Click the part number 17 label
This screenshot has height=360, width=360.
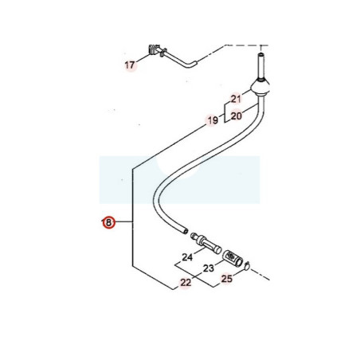130,65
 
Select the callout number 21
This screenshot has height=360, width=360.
236,99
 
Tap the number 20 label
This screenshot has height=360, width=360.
237,116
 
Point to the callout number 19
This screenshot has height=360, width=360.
213,120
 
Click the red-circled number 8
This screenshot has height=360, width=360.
108,222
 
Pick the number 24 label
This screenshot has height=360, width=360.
187,257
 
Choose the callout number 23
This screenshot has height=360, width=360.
209,268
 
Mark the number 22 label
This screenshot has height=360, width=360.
186,283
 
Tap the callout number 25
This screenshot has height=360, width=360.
227,279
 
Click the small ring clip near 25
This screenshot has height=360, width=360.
247,265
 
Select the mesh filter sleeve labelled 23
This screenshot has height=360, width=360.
232,257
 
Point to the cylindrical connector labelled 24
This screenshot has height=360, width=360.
206,242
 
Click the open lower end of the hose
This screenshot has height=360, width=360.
185,231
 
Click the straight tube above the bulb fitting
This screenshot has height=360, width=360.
261,66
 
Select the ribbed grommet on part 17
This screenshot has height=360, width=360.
153,49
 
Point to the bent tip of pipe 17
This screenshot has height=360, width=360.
194,64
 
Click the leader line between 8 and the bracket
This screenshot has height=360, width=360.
123,221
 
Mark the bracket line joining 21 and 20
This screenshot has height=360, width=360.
225,112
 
